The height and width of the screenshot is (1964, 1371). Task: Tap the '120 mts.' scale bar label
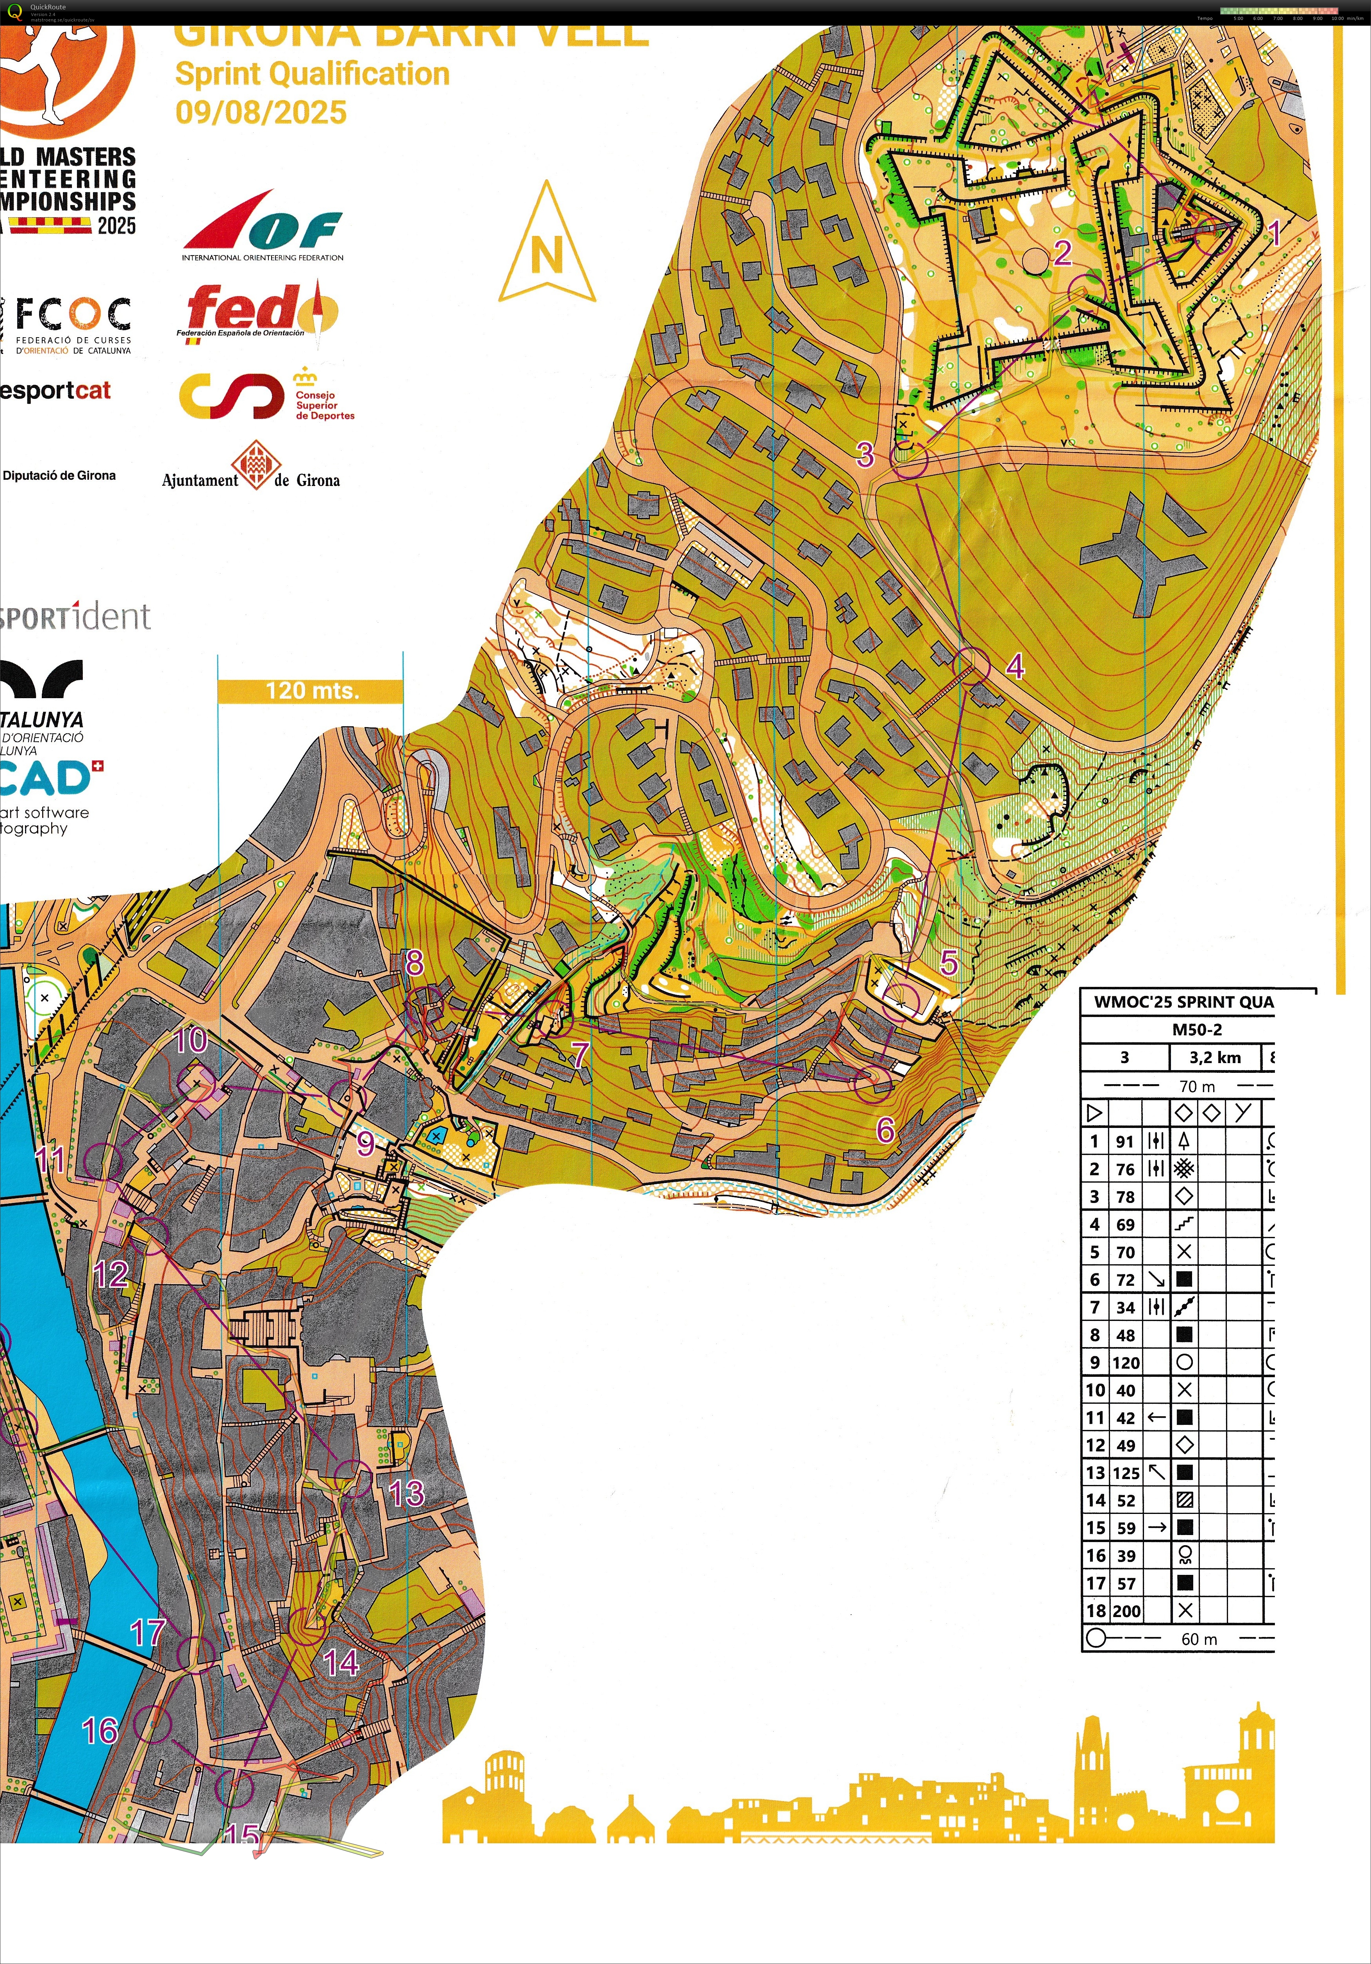click(311, 690)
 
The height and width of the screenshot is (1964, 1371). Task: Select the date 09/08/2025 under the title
click(261, 112)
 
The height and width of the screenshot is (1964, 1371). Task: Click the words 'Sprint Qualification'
click(312, 74)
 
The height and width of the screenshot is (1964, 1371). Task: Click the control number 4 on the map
click(1015, 665)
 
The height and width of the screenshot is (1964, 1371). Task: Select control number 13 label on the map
click(406, 1494)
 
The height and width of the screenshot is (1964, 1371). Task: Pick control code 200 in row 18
click(1126, 1611)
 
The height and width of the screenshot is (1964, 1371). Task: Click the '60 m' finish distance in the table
click(1199, 1639)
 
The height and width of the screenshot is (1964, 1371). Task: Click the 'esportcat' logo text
click(55, 391)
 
